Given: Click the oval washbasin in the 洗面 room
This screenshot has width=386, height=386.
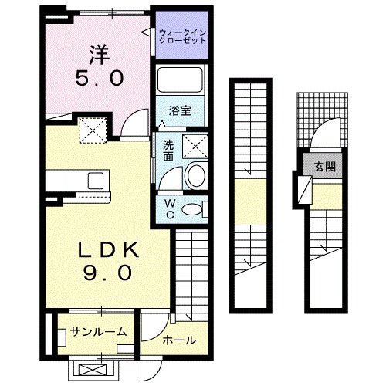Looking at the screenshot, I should click(x=195, y=176).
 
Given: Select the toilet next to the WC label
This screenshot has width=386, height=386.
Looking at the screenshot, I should click(x=195, y=207).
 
